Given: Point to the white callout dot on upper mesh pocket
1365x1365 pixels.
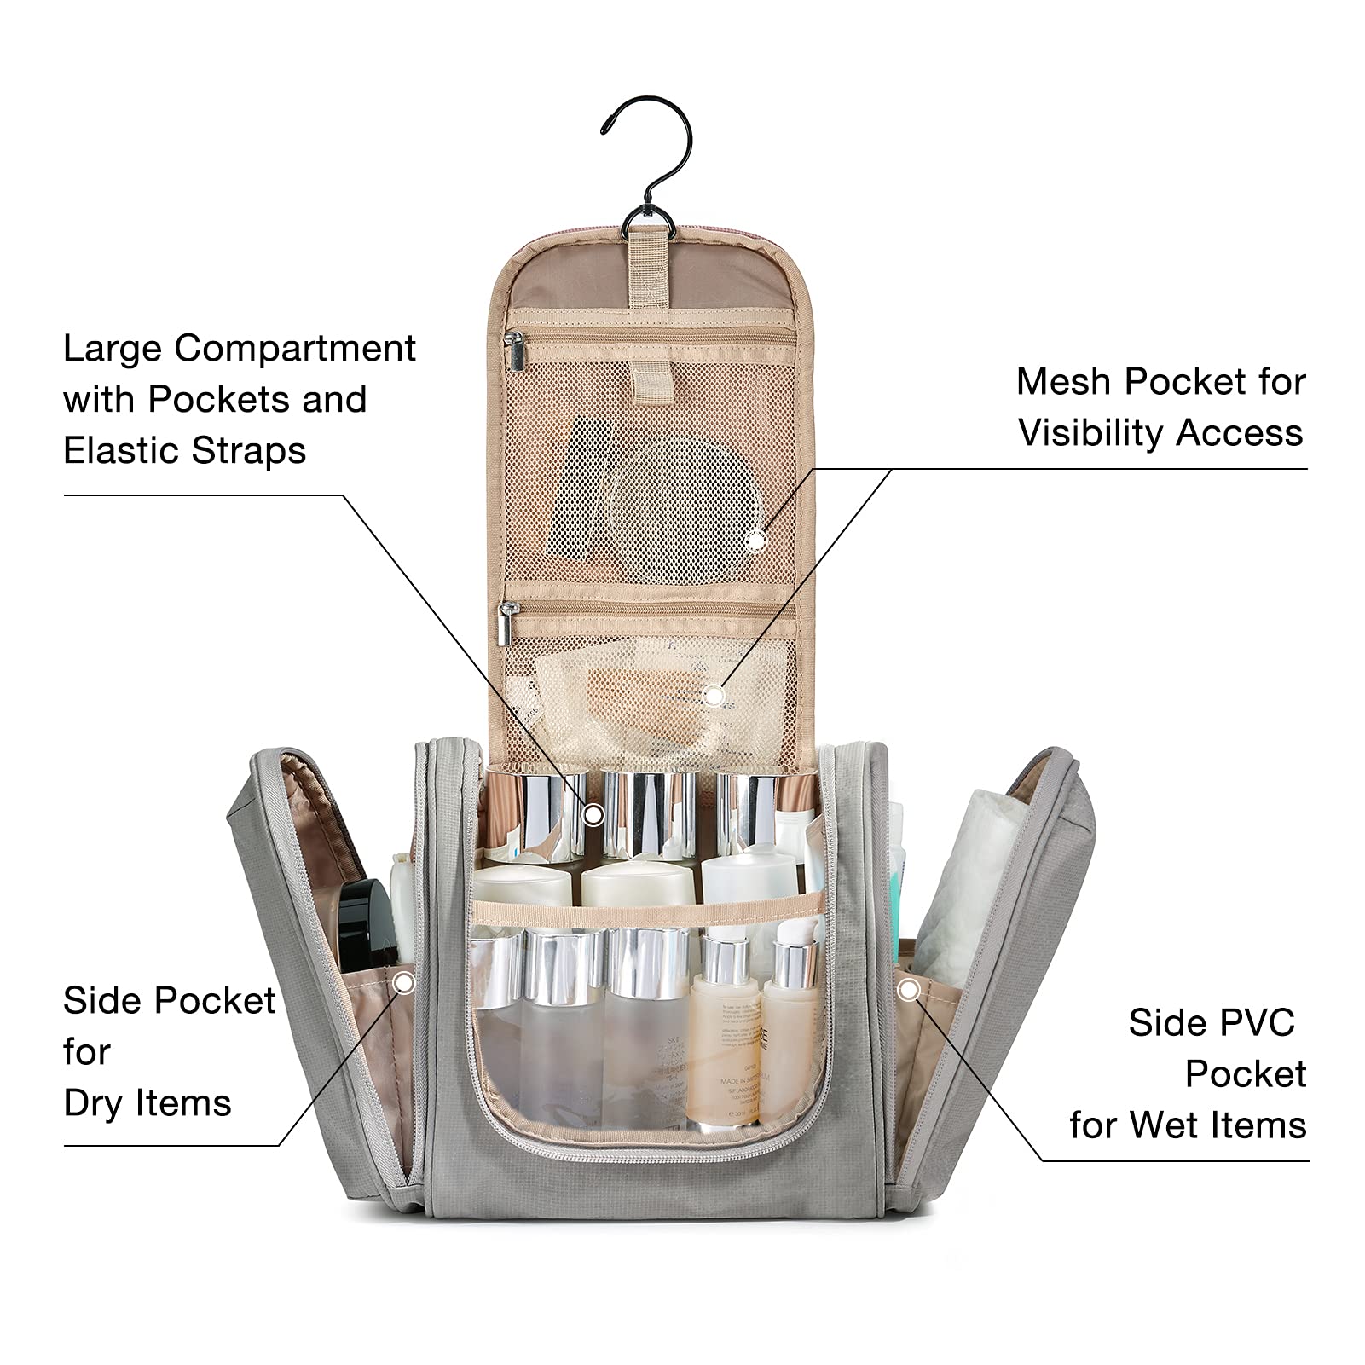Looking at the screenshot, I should click(755, 540).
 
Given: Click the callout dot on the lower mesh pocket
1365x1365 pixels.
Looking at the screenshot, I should click(714, 696).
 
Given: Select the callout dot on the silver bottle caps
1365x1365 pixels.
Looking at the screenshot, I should click(593, 815).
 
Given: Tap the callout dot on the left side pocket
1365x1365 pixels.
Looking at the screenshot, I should click(404, 983).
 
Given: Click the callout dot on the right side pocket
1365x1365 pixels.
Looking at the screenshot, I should click(910, 990).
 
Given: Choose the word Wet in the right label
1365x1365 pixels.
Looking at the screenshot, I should click(1168, 1125).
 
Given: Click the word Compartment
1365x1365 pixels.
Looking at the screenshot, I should click(295, 349).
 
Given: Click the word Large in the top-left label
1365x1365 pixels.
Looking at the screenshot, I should click(113, 349).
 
